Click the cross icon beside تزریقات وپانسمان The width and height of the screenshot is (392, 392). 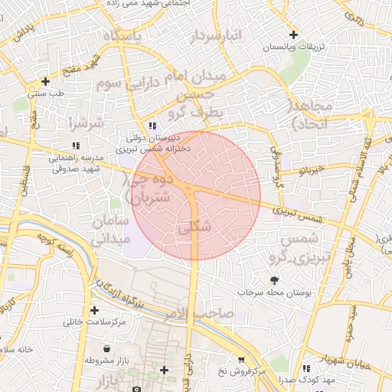click(294, 34)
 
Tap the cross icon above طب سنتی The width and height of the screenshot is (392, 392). click(45, 80)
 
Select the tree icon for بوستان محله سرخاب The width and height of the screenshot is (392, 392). click(274, 279)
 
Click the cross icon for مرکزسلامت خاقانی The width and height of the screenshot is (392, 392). click(94, 310)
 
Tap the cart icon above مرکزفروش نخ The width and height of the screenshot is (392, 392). click(241, 360)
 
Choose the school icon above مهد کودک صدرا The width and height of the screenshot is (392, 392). click(306, 368)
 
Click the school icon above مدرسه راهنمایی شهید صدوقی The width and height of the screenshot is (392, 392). click(75, 145)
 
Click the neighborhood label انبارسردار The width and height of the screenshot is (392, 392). click(217, 37)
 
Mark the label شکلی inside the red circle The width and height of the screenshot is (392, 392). click(194, 228)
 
